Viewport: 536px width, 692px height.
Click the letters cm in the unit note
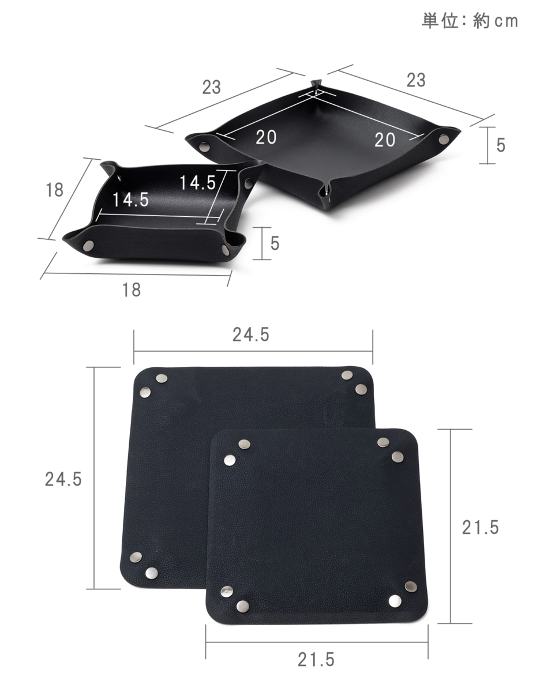pos(507,21)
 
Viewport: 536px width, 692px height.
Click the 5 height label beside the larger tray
pos(501,145)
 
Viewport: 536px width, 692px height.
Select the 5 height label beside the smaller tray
pos(275,243)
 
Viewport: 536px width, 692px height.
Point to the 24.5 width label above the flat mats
pos(251,334)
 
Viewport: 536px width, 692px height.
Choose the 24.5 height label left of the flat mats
pos(63,479)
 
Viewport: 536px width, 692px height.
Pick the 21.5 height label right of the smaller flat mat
pos(480,528)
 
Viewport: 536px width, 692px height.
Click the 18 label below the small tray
pos(132,290)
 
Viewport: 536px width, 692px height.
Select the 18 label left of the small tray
pos(55,190)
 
